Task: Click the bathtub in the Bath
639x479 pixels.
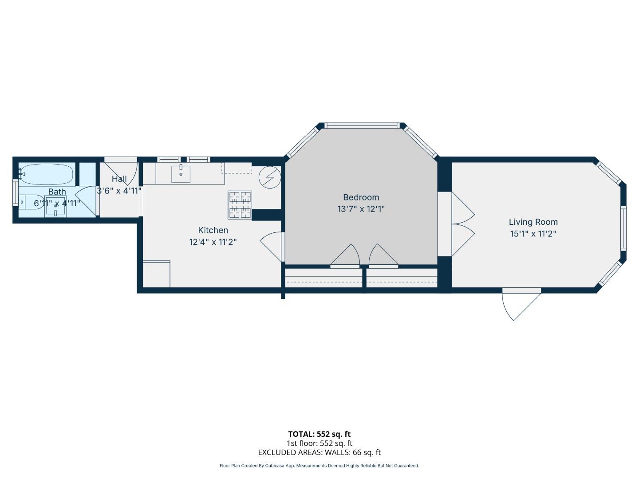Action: [x=47, y=174]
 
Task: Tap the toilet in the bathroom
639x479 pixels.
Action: [x=29, y=202]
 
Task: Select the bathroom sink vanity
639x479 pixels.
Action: [x=55, y=206]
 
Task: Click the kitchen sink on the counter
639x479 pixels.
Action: [x=181, y=174]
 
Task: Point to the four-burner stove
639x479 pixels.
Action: [x=240, y=204]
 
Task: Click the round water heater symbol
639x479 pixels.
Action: [x=270, y=177]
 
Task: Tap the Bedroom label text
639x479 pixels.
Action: [x=361, y=197]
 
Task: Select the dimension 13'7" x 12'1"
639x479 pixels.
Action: [x=361, y=209]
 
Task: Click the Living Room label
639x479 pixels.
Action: [x=533, y=222]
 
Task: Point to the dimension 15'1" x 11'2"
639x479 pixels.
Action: [x=533, y=234]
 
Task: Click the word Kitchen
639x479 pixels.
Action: [x=213, y=230]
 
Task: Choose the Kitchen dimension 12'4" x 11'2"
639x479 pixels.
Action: [x=213, y=242]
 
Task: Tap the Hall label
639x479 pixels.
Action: [x=119, y=179]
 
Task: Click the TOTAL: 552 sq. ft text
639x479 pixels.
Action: [x=319, y=434]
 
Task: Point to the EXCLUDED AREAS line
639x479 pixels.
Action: [x=319, y=452]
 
